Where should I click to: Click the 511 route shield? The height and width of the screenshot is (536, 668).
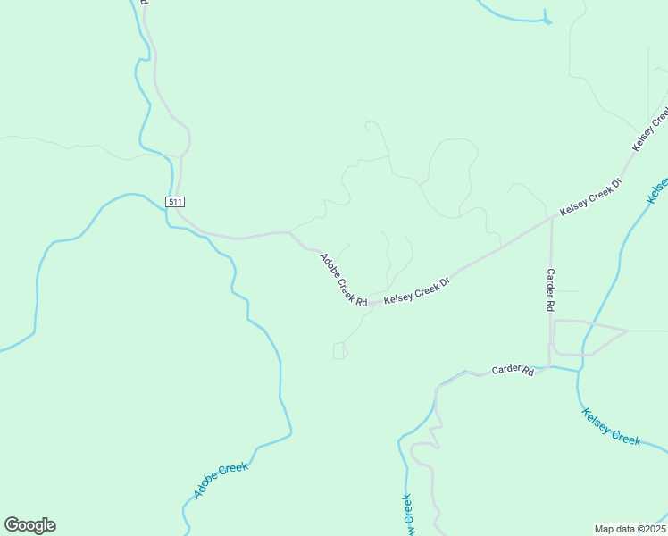[174, 202]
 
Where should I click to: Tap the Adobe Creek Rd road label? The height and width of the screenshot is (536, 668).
[344, 281]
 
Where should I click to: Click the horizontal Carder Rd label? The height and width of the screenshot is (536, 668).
[512, 370]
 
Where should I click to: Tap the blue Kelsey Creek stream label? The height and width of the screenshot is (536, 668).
[612, 426]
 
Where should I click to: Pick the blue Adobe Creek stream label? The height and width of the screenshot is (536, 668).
[221, 481]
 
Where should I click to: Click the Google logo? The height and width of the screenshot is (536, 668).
[29, 525]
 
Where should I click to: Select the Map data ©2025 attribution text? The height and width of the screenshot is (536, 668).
[630, 528]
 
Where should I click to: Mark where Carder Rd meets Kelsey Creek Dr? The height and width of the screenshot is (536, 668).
[551, 218]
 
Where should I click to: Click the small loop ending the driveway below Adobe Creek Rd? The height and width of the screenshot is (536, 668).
[339, 351]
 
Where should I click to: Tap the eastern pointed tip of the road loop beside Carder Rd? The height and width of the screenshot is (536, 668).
[628, 331]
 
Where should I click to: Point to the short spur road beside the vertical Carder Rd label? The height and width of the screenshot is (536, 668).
[566, 291]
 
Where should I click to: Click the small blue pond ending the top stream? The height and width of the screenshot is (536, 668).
[547, 21]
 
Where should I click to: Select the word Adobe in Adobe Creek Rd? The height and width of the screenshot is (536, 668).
[330, 266]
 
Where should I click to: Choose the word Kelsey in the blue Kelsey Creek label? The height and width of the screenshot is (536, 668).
[597, 420]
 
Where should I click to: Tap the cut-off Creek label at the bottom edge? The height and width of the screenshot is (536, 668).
[407, 515]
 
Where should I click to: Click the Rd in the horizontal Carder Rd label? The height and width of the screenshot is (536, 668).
[528, 372]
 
